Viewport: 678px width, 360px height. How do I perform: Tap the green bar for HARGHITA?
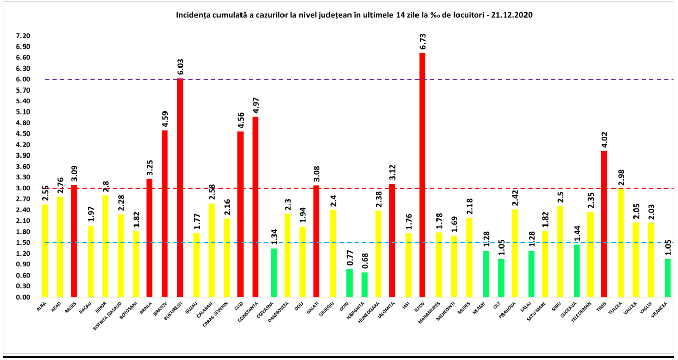pyautogui.click(x=364, y=284)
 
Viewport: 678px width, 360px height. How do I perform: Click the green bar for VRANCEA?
pyautogui.click(x=668, y=278)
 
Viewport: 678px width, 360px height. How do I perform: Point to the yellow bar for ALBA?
pyautogui.click(x=45, y=251)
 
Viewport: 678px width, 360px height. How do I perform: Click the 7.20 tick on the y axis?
pyautogui.click(x=23, y=36)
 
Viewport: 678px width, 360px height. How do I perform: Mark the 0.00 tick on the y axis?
pyautogui.click(x=23, y=297)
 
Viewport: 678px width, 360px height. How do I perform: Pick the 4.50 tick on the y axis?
pyautogui.click(x=23, y=134)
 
